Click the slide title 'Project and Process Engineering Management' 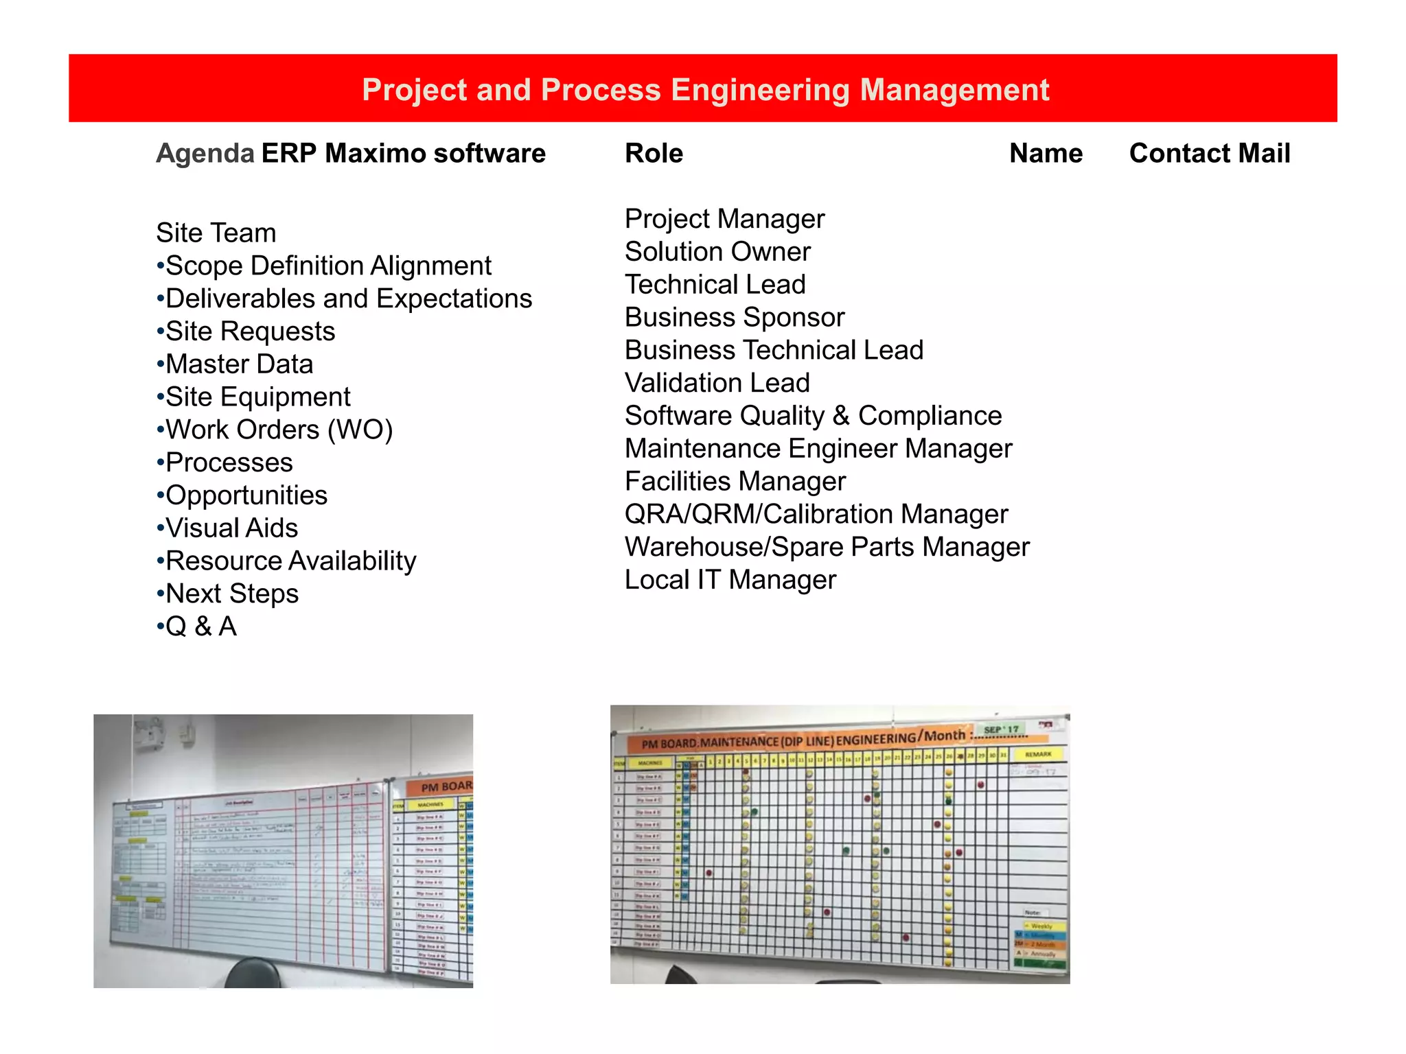pyautogui.click(x=705, y=90)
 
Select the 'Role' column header pyautogui.click(x=654, y=153)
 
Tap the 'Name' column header pyautogui.click(x=1046, y=153)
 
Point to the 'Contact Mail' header pyautogui.click(x=1210, y=153)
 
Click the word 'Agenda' pyautogui.click(x=205, y=153)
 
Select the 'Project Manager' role pyautogui.click(x=724, y=219)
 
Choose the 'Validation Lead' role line pyautogui.click(x=717, y=383)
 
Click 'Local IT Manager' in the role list pyautogui.click(x=730, y=580)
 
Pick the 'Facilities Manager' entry pyautogui.click(x=735, y=482)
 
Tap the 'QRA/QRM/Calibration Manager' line pyautogui.click(x=816, y=514)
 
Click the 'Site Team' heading pyautogui.click(x=216, y=233)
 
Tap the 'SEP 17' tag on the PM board pyautogui.click(x=1001, y=729)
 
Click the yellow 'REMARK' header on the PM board pyautogui.click(x=1038, y=754)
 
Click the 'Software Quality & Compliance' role pyautogui.click(x=814, y=416)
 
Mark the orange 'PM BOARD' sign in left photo pyautogui.click(x=445, y=786)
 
